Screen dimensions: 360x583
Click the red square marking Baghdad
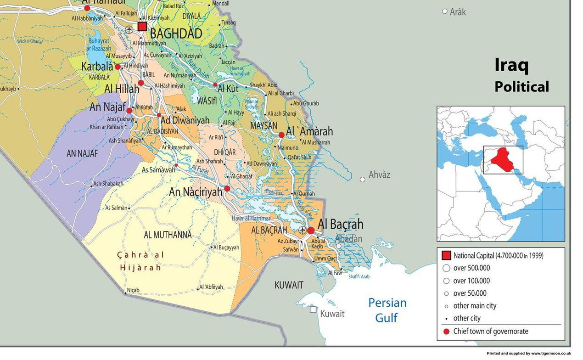(142, 26)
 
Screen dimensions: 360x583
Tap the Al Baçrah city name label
(340, 224)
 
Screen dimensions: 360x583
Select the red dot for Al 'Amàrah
(281, 135)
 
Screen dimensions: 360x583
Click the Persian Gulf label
(387, 310)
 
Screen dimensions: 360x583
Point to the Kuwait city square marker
(313, 309)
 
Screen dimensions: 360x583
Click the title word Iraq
(511, 65)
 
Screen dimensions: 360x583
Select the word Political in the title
(521, 86)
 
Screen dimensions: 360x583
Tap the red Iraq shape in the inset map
(504, 160)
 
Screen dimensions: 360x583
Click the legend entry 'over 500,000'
(471, 268)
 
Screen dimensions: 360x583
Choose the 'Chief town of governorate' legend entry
(490, 331)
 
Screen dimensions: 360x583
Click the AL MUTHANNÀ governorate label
(168, 235)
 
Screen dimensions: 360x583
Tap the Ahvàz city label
(379, 175)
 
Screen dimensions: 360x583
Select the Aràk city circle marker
(444, 11)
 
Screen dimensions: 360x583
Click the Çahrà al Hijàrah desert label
(140, 261)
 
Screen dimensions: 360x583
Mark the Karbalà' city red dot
(118, 67)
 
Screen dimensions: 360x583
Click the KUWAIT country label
(289, 285)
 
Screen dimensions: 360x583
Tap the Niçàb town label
(133, 290)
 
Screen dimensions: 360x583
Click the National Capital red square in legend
(446, 256)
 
